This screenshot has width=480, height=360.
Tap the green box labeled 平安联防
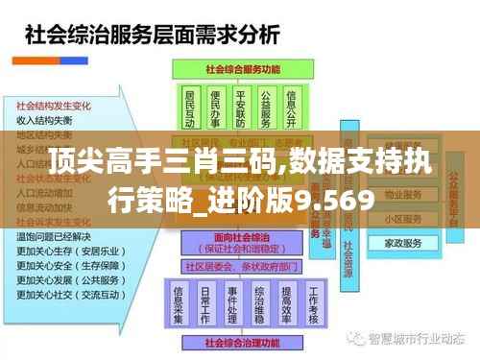[240, 108]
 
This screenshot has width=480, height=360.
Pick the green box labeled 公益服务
[265, 108]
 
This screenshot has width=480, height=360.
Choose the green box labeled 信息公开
[291, 108]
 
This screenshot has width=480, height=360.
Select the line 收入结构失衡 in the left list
[44, 121]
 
